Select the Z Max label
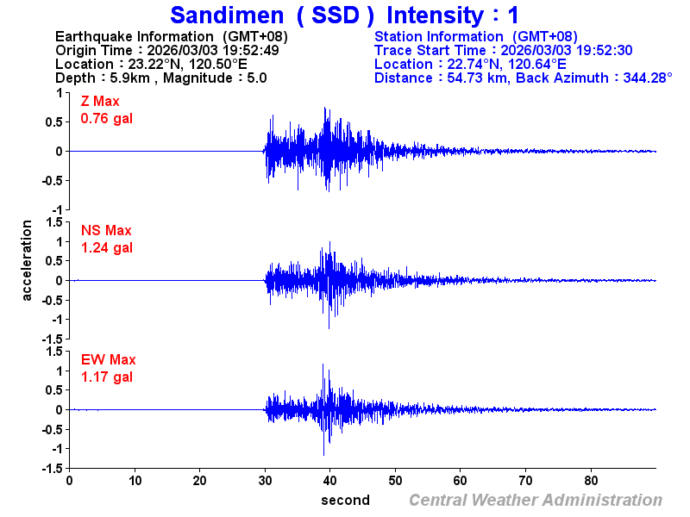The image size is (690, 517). point(100,102)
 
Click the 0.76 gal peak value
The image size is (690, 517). point(106,118)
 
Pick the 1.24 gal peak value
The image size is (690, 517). point(106,247)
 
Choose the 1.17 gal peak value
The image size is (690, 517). point(106,377)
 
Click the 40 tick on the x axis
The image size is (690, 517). point(331,480)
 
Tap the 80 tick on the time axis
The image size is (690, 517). point(593,480)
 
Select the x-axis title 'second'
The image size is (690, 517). point(345,500)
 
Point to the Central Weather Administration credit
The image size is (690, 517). point(536,500)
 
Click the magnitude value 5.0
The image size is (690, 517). point(257,78)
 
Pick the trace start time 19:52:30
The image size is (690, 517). point(604,50)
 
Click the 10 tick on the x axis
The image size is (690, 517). point(135,480)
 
